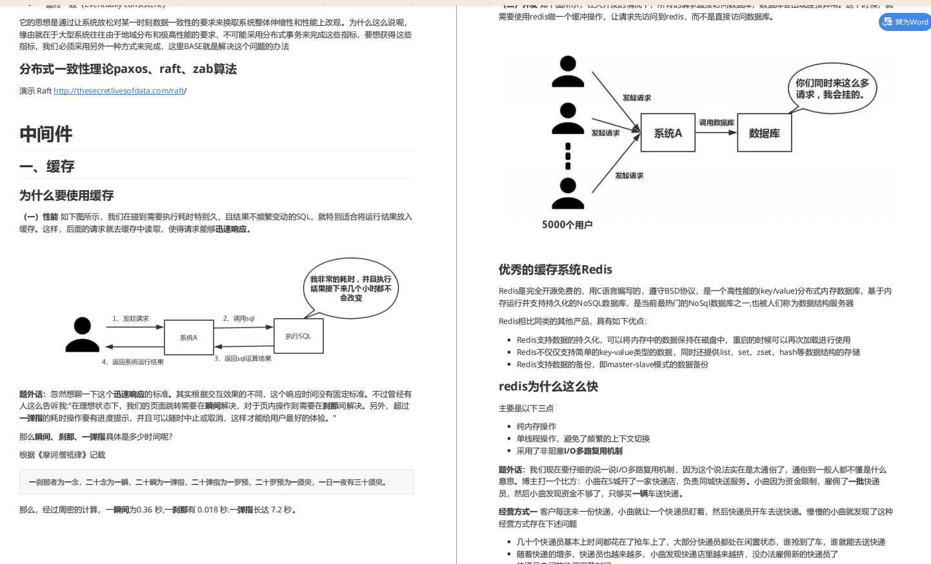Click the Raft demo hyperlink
(x=119, y=91)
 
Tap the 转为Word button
(x=905, y=22)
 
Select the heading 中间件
(x=46, y=134)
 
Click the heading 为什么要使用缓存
(x=66, y=196)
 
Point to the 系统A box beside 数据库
(x=668, y=133)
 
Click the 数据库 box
(x=765, y=133)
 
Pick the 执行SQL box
(x=298, y=336)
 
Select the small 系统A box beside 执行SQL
(x=188, y=337)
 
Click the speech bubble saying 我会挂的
(x=832, y=89)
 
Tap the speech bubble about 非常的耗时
(x=351, y=288)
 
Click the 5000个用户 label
(x=567, y=225)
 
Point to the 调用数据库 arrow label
(x=716, y=123)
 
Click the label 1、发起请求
(x=130, y=318)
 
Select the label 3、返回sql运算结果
(x=243, y=358)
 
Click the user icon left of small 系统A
(x=83, y=334)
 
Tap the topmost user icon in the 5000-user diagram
(x=568, y=72)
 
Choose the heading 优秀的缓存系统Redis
(x=555, y=270)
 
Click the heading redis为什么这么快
(x=548, y=387)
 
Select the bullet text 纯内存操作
(x=536, y=427)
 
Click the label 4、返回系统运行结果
(x=133, y=362)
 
